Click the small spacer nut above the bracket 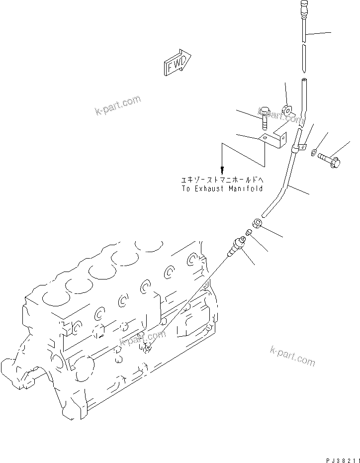(288, 109)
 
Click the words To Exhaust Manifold (222, 189)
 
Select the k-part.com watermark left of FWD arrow (118, 105)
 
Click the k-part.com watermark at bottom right (293, 356)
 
